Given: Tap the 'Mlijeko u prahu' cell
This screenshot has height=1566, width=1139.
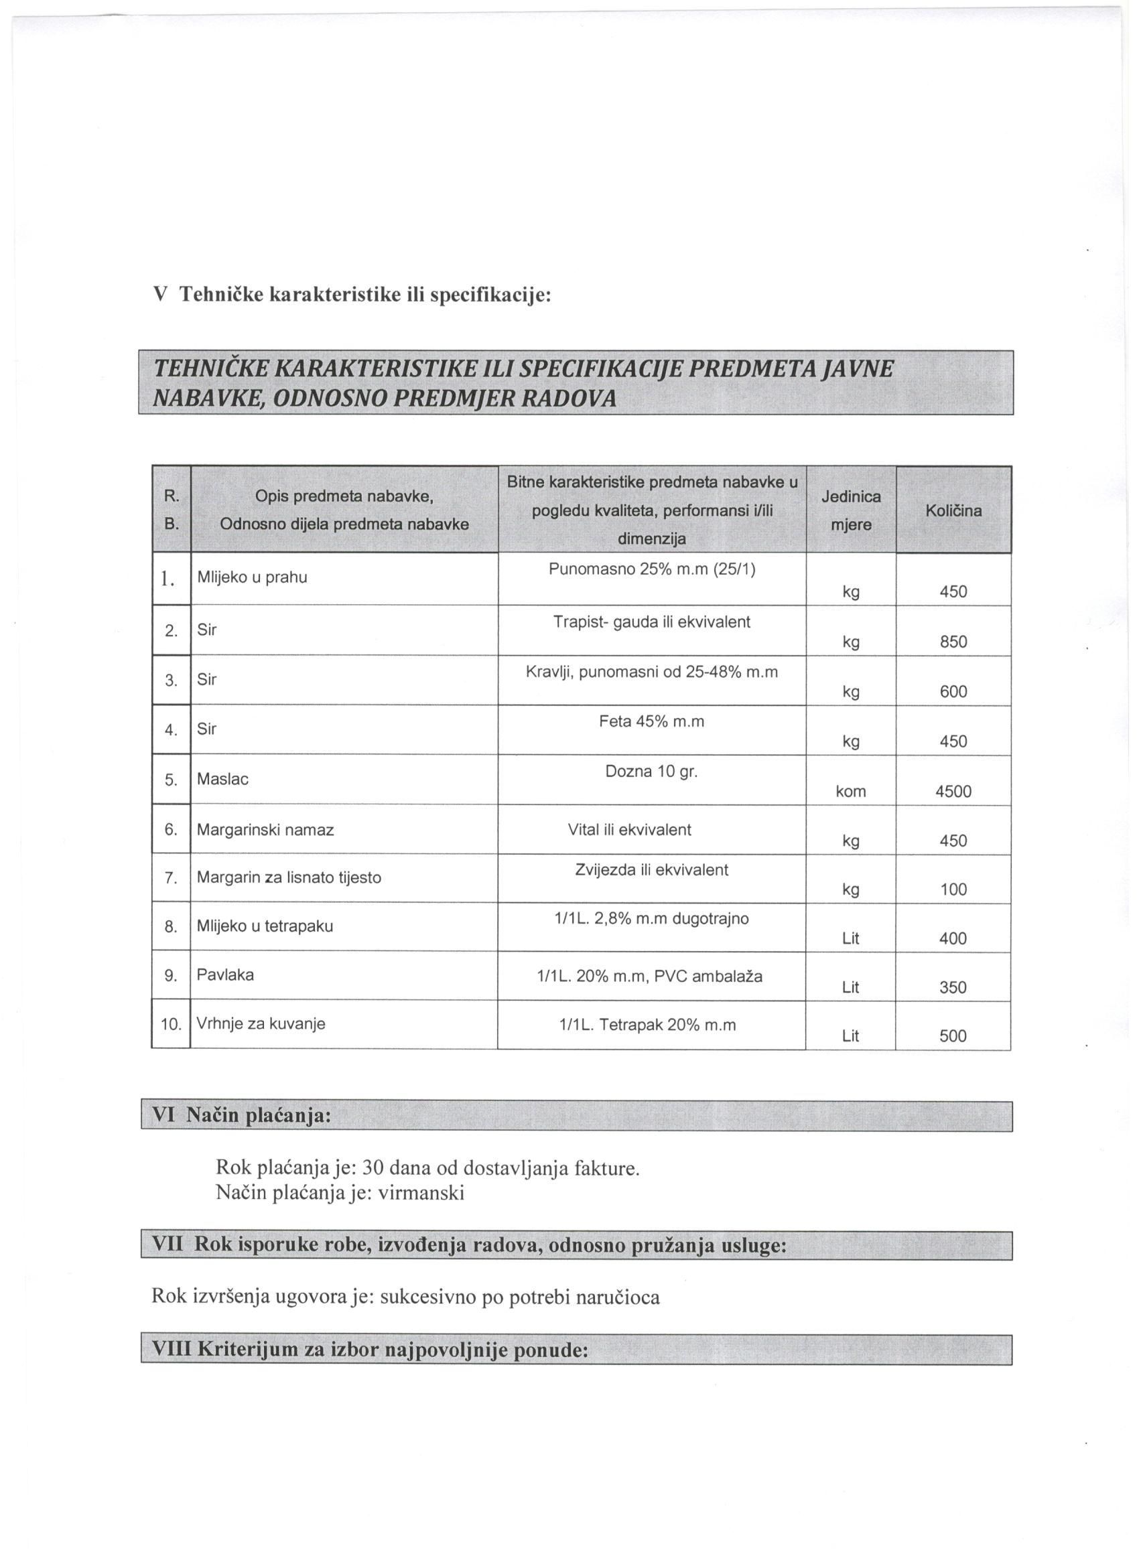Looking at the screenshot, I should pyautogui.click(x=252, y=577).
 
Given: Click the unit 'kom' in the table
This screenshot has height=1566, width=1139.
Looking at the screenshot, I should pyautogui.click(x=850, y=792).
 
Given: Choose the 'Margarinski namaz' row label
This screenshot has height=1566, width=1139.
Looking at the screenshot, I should pyautogui.click(x=265, y=830).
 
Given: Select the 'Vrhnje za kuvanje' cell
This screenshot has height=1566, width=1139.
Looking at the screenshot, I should pyautogui.click(x=261, y=1023).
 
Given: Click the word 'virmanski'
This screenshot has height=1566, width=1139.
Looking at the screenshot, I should pyautogui.click(x=422, y=1192).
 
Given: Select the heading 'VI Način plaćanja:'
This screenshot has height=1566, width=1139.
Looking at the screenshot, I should pyautogui.click(x=241, y=1117).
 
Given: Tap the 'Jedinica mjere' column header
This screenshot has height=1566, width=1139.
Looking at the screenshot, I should pyautogui.click(x=850, y=510).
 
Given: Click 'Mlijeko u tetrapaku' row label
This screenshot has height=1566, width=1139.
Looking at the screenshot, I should pyautogui.click(x=265, y=926).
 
